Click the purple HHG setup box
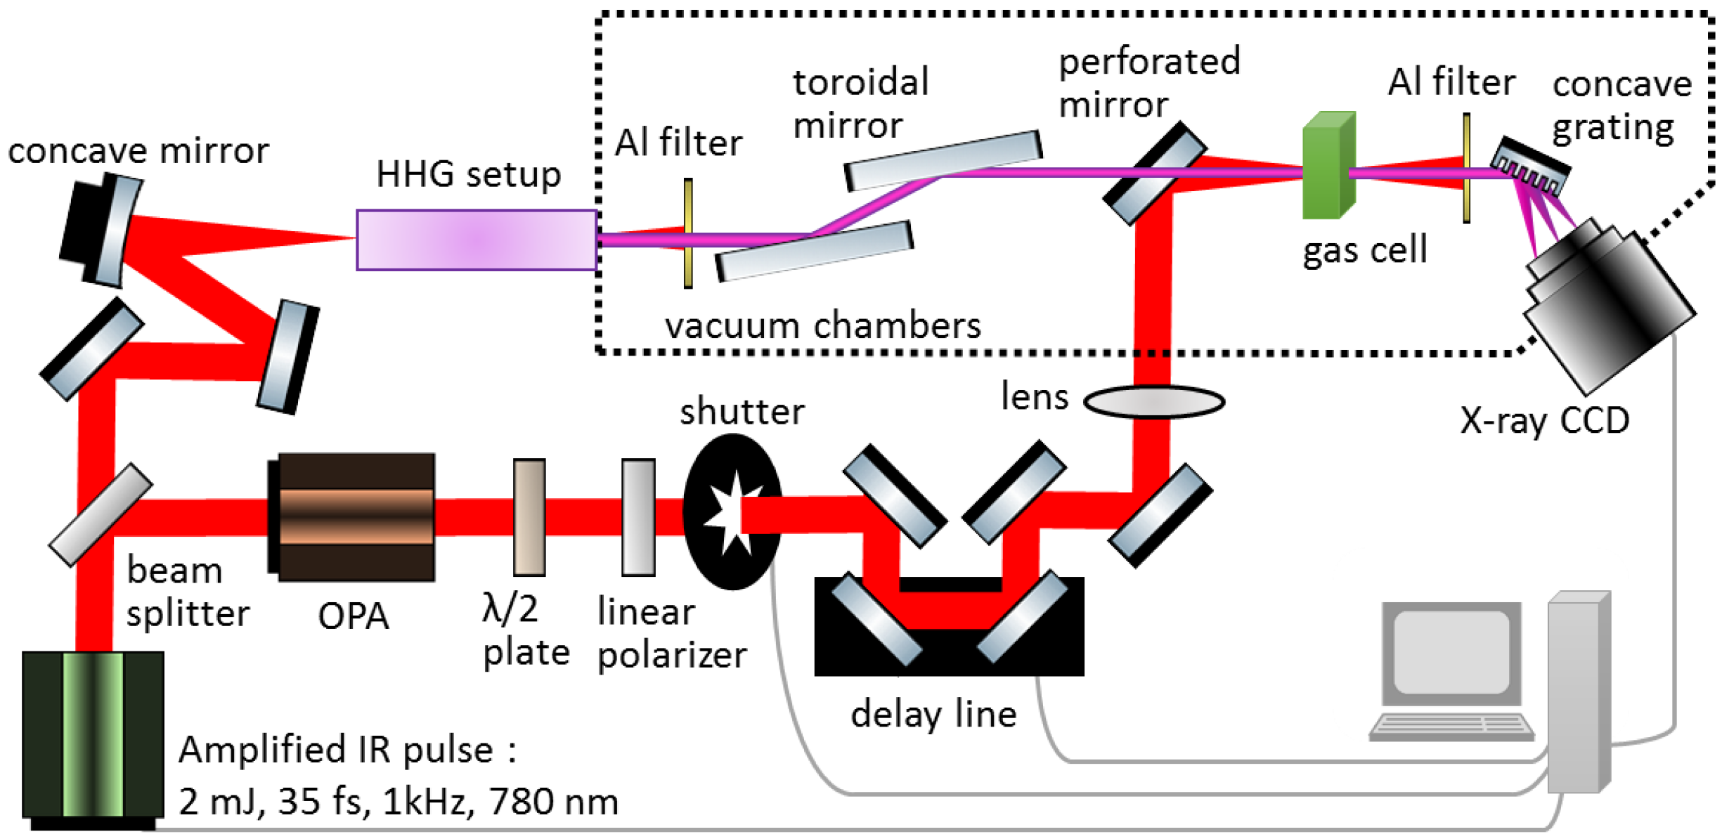tap(477, 240)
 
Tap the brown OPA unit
tap(354, 517)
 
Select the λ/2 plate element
tap(529, 517)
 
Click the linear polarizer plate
tap(638, 517)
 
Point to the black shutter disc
tap(731, 512)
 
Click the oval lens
tap(1153, 402)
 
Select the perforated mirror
tap(1154, 174)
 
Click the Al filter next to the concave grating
tap(1466, 169)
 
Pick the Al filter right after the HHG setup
tap(688, 233)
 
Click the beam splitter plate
tap(101, 515)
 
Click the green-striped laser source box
tap(93, 734)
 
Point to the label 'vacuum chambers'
tap(822, 326)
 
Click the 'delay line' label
tap(933, 715)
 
